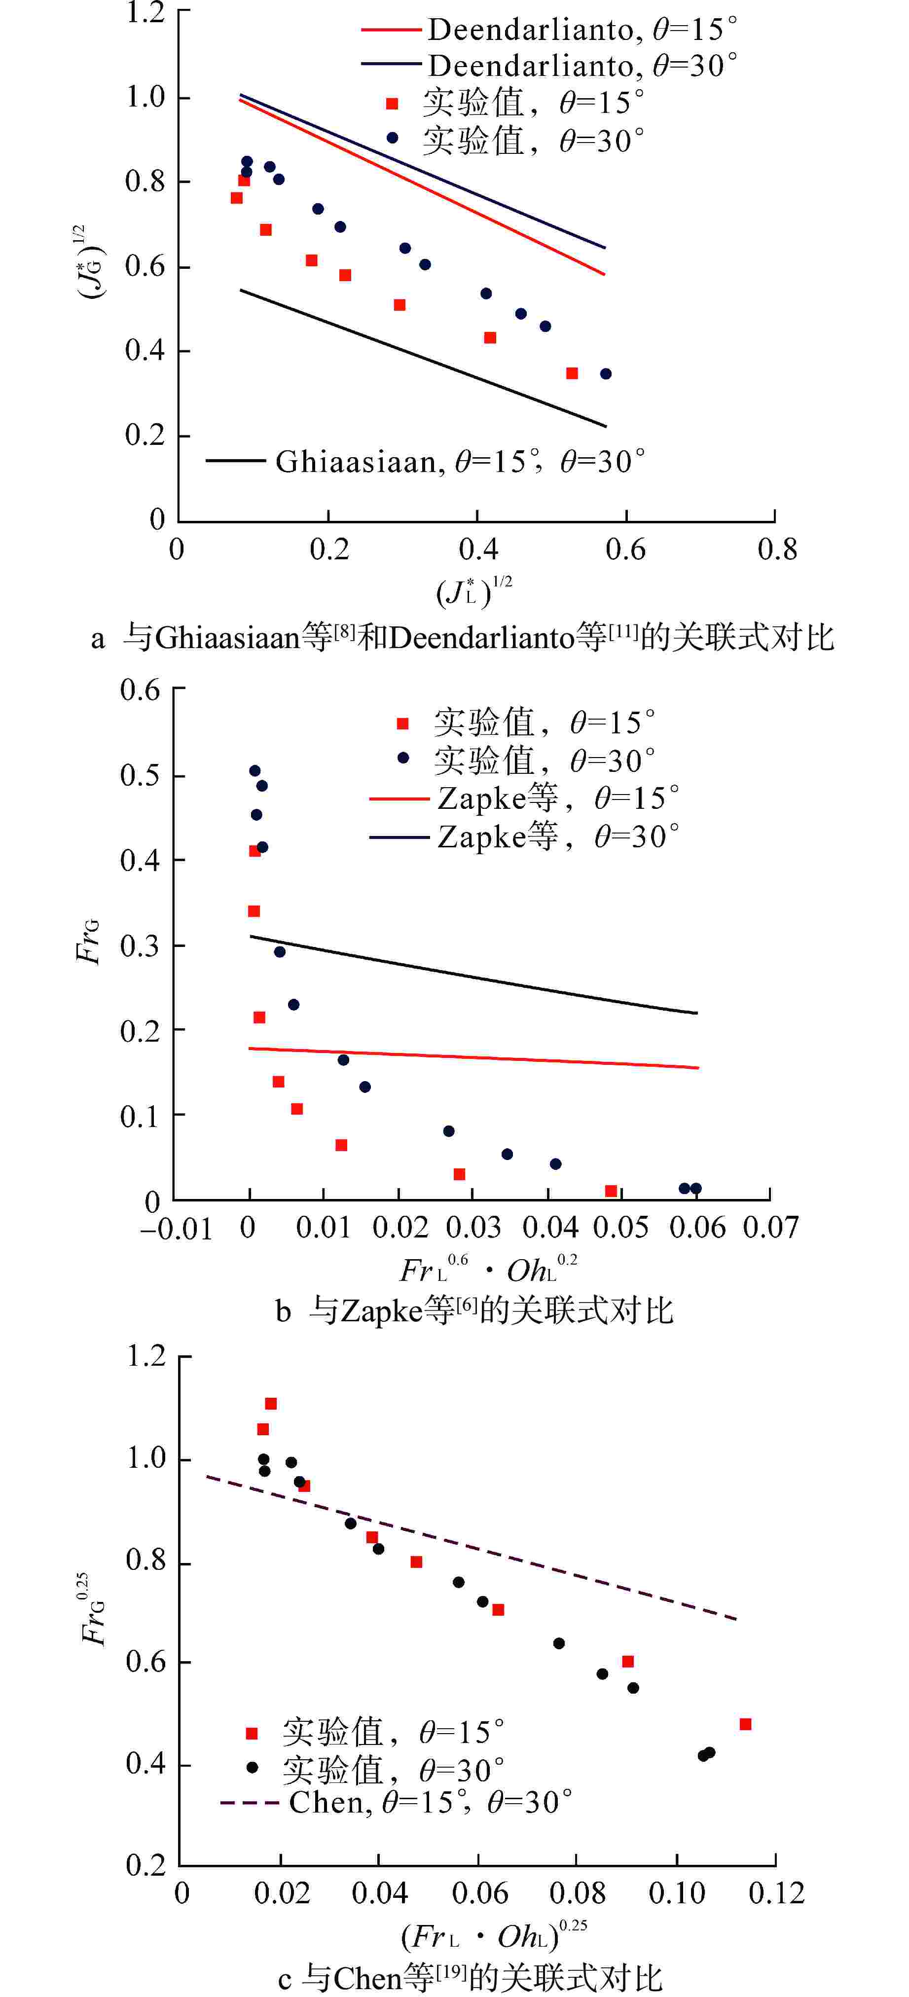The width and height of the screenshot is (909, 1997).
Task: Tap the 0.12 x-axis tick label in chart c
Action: point(776,1893)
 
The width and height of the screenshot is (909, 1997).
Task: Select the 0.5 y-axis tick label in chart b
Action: point(140,775)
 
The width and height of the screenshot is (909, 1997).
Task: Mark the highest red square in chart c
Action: point(270,1403)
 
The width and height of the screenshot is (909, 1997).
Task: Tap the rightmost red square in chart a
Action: point(572,374)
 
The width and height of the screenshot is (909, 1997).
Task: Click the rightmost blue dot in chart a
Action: point(606,374)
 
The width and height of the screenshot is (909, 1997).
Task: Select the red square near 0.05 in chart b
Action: point(611,1191)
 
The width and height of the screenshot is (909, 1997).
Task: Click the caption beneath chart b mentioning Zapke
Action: point(474,1310)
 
